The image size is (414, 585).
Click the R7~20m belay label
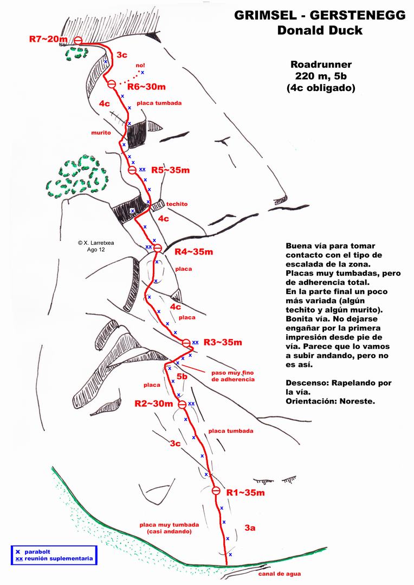48,39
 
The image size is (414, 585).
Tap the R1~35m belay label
245,492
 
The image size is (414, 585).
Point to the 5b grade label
182,376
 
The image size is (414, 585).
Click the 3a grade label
250,527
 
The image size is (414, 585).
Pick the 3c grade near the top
122,55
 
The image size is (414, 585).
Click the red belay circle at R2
183,404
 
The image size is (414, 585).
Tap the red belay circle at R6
112,84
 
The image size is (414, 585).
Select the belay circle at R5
132,170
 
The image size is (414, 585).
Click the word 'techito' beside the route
177,204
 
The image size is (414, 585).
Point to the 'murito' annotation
101,132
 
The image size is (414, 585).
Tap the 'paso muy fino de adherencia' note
232,376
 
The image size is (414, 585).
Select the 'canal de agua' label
280,574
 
